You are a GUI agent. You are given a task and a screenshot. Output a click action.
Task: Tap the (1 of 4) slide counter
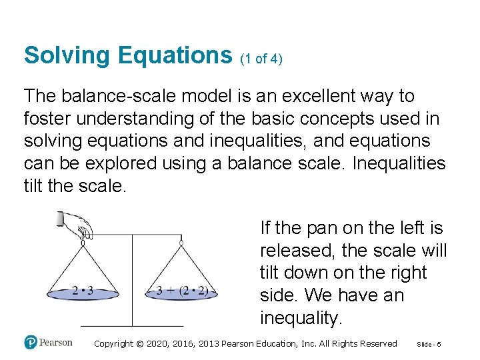tap(261, 59)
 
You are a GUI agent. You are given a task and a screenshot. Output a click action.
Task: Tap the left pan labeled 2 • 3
tap(83, 292)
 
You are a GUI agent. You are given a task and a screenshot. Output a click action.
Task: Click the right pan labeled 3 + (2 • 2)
tap(181, 292)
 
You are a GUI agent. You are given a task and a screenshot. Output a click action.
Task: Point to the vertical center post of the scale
tap(132, 280)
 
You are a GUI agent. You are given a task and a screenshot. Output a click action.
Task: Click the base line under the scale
tap(132, 325)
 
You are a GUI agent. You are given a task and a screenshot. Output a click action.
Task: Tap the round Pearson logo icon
tap(31, 343)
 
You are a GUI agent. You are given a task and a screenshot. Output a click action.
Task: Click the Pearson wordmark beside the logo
tap(56, 343)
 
